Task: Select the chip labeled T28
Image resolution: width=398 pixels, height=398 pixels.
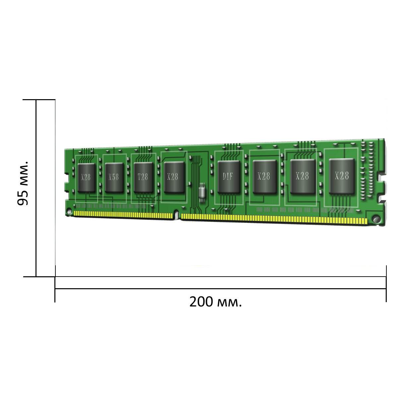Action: pyautogui.click(x=143, y=177)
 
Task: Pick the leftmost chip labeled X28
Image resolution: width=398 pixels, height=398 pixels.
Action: pyautogui.click(x=87, y=178)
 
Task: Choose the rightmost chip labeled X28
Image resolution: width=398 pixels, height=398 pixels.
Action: pyautogui.click(x=342, y=176)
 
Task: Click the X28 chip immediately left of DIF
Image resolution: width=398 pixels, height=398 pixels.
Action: pyautogui.click(x=174, y=177)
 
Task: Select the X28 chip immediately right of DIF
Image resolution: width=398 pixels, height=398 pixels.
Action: pyautogui.click(x=265, y=176)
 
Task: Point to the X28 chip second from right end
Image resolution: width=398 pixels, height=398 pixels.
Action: pyautogui.click(x=303, y=176)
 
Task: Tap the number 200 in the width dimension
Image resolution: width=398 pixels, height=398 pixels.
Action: pyautogui.click(x=201, y=302)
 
